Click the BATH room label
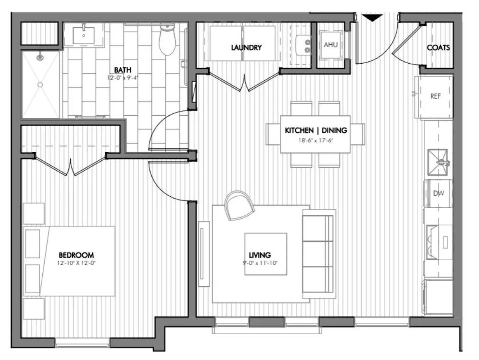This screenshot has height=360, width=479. click(123, 70)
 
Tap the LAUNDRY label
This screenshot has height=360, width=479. click(246, 47)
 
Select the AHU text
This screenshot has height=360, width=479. click(331, 45)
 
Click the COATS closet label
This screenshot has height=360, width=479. click(438, 48)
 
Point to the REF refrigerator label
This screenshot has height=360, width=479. click(436, 96)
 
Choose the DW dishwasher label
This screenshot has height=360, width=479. click(438, 193)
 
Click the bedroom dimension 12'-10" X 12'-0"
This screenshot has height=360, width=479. click(76, 263)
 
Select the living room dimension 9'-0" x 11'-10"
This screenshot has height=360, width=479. click(260, 263)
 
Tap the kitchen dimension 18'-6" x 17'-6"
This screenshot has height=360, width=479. click(315, 140)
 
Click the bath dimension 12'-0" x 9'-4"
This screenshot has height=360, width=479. click(123, 78)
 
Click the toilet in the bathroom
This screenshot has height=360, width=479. click(167, 39)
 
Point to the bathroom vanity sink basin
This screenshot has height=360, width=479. click(84, 35)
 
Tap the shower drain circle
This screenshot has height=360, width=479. click(40, 84)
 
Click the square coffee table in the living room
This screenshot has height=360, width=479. click(265, 254)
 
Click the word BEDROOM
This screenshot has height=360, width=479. click(76, 255)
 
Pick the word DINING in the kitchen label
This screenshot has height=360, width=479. click(334, 130)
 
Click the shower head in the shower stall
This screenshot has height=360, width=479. click(40, 57)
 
